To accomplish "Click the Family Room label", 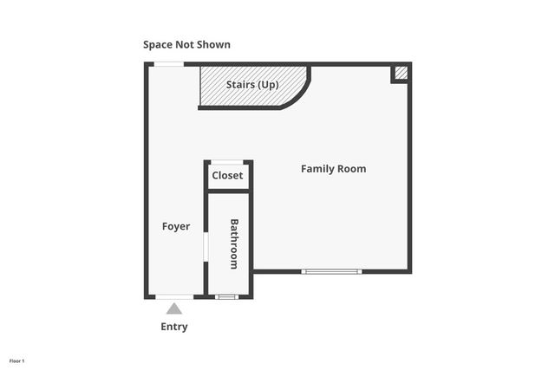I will tap(333, 169).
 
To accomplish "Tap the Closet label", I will tap(227, 176).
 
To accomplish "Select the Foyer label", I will tap(176, 227).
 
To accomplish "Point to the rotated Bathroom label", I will tap(233, 243).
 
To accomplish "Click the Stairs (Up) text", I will tap(252, 85).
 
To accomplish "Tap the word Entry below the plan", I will tap(174, 327).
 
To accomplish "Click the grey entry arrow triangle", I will tap(174, 308).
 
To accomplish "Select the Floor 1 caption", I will tap(17, 360).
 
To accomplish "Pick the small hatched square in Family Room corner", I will tap(400, 74).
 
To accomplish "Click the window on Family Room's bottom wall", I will tap(331, 271).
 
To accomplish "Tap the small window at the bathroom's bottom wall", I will tap(226, 297).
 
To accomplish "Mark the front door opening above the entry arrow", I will tap(174, 297).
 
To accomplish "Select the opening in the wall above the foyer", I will tap(169, 64).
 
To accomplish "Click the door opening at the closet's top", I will tap(227, 162).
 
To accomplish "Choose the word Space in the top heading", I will tap(160, 44).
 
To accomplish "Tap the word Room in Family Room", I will tap(351, 169).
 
